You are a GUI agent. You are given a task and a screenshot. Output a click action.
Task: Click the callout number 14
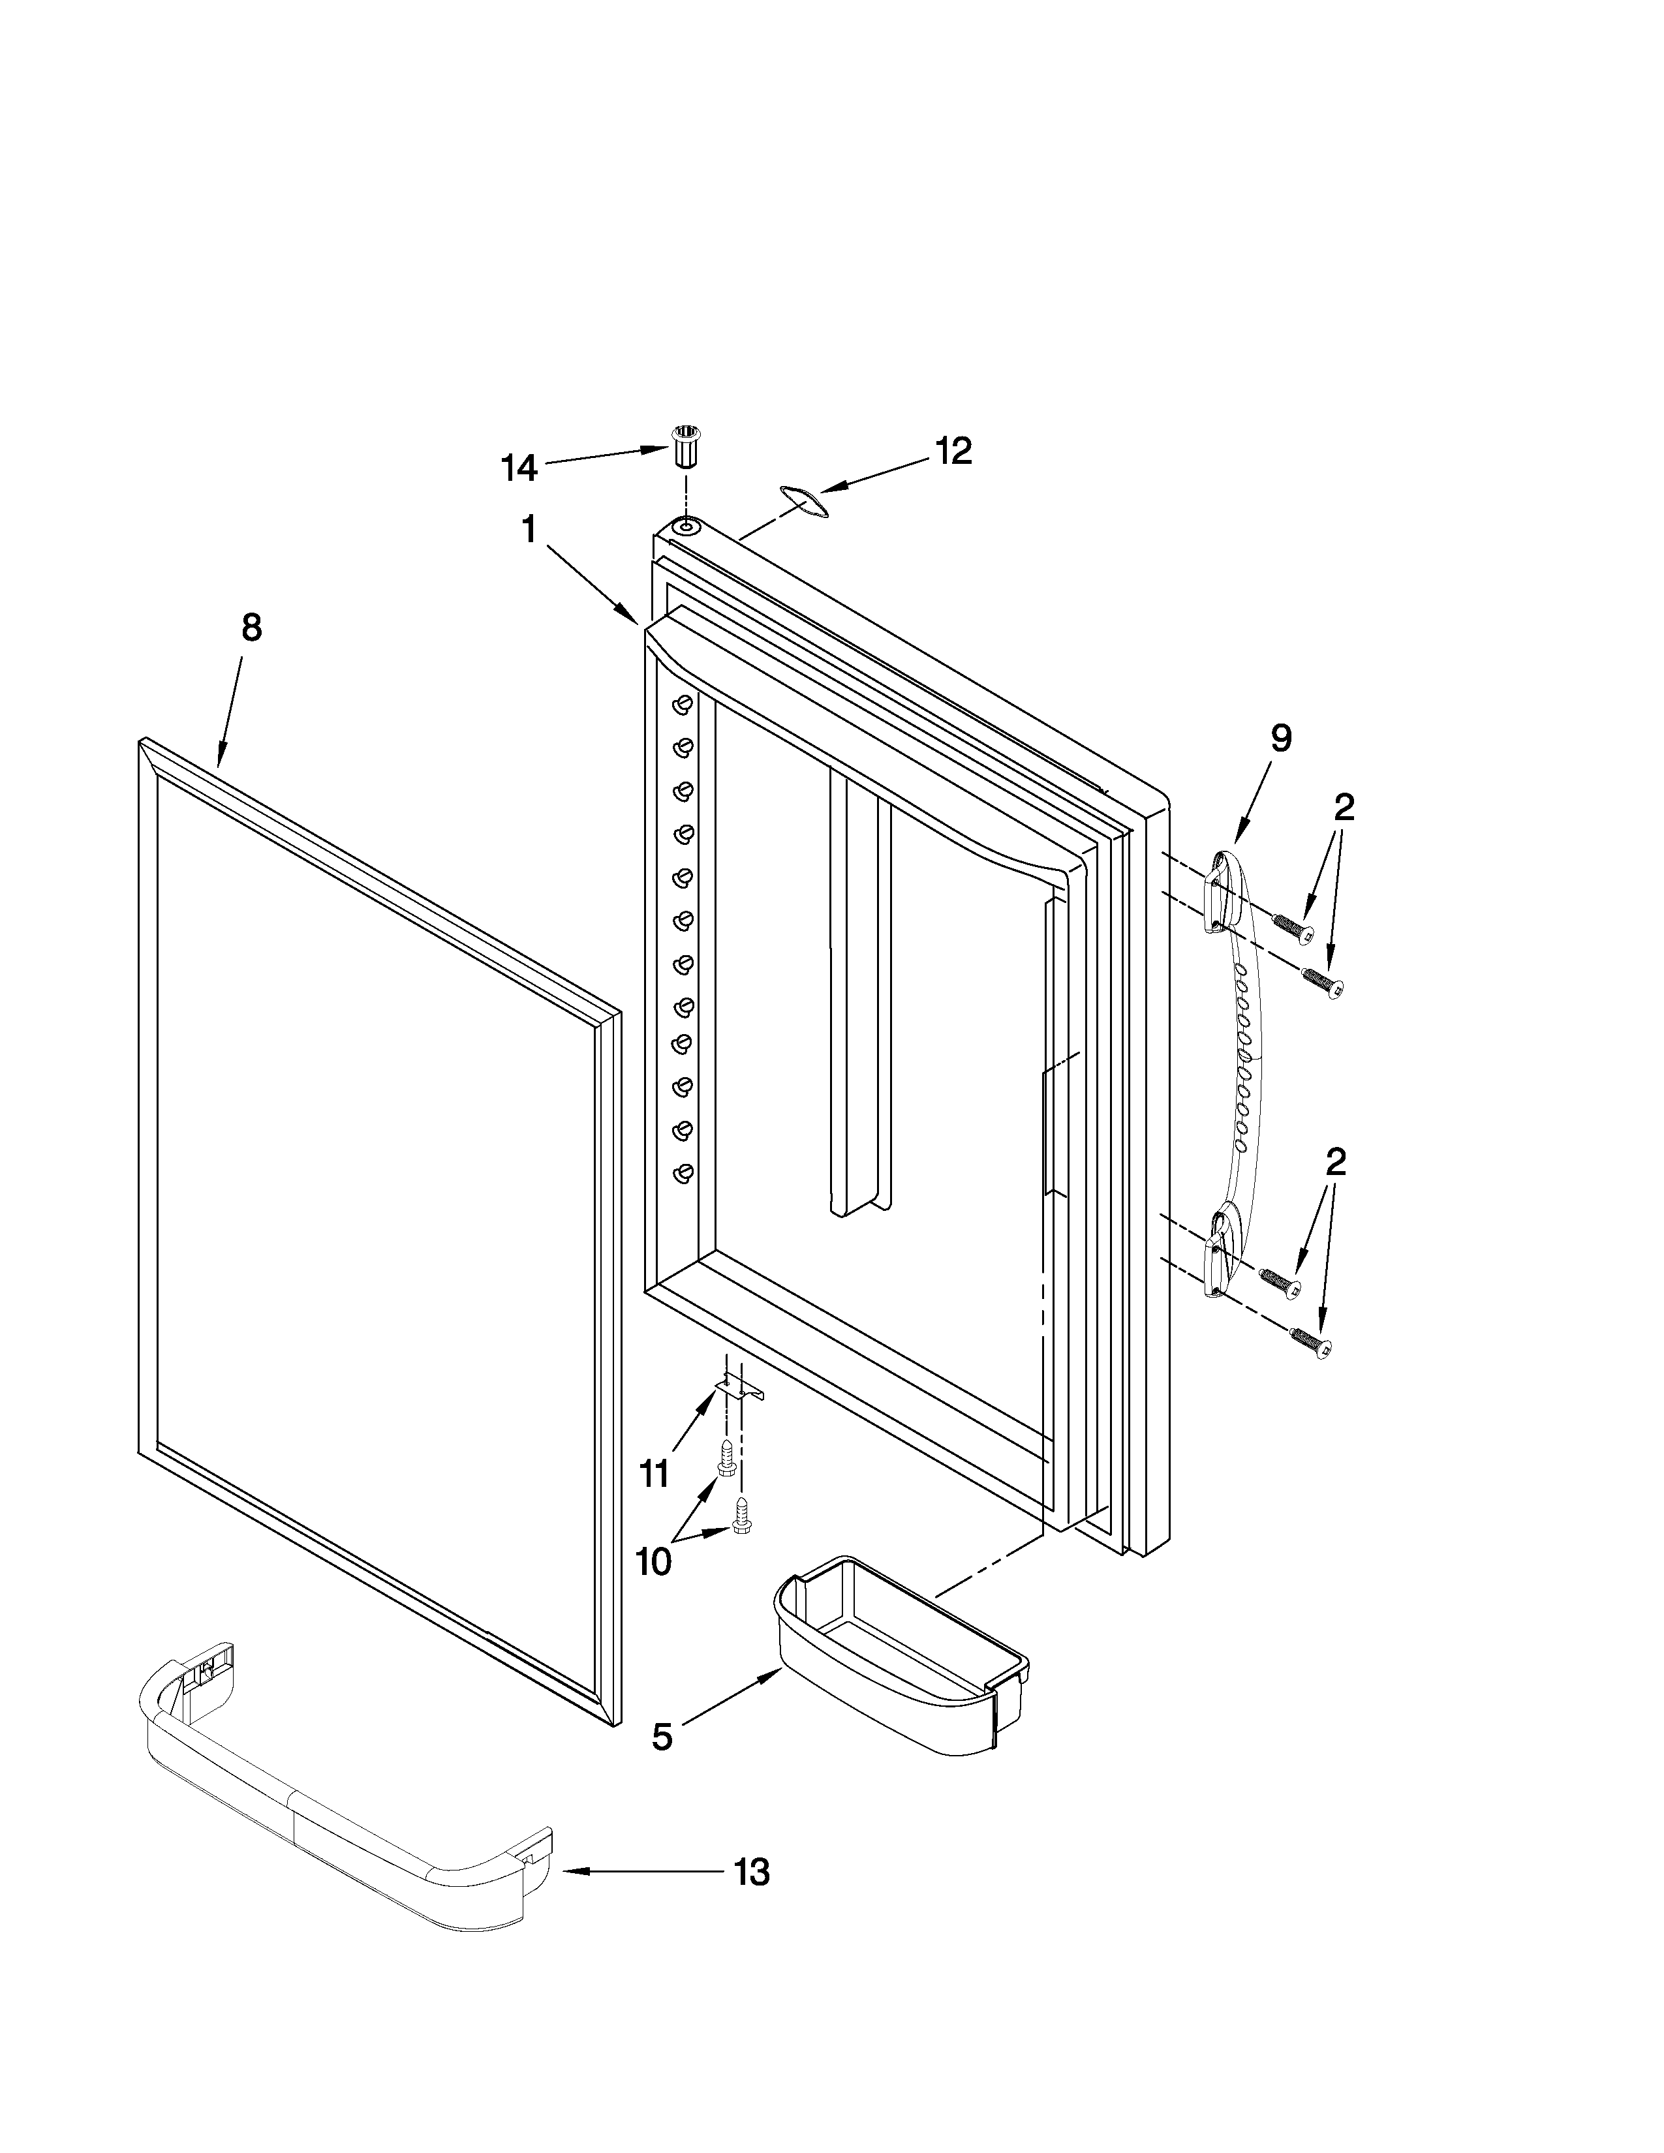[519, 468]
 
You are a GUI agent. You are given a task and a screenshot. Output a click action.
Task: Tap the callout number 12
[953, 451]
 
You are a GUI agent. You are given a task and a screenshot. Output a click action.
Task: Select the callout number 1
[529, 530]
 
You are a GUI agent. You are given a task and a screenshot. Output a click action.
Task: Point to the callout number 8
[253, 627]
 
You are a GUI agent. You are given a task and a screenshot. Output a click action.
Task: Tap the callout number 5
[662, 1737]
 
